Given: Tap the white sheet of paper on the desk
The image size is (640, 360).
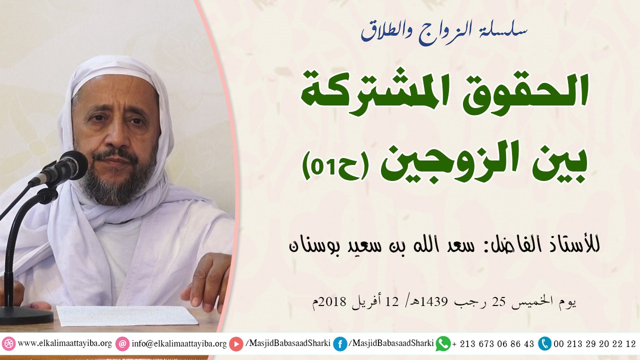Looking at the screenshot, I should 127,315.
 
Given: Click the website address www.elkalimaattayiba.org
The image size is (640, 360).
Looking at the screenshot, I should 64,344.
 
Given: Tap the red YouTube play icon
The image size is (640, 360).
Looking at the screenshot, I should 236,344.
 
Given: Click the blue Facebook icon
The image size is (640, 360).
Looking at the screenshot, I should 340,344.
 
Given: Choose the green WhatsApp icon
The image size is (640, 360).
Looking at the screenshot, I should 443,344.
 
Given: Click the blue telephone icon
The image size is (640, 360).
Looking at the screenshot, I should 544,344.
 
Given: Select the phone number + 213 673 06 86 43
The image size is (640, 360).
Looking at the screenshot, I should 493,344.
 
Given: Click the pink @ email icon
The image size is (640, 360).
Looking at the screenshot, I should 122,344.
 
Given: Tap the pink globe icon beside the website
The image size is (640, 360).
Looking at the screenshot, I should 8,344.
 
